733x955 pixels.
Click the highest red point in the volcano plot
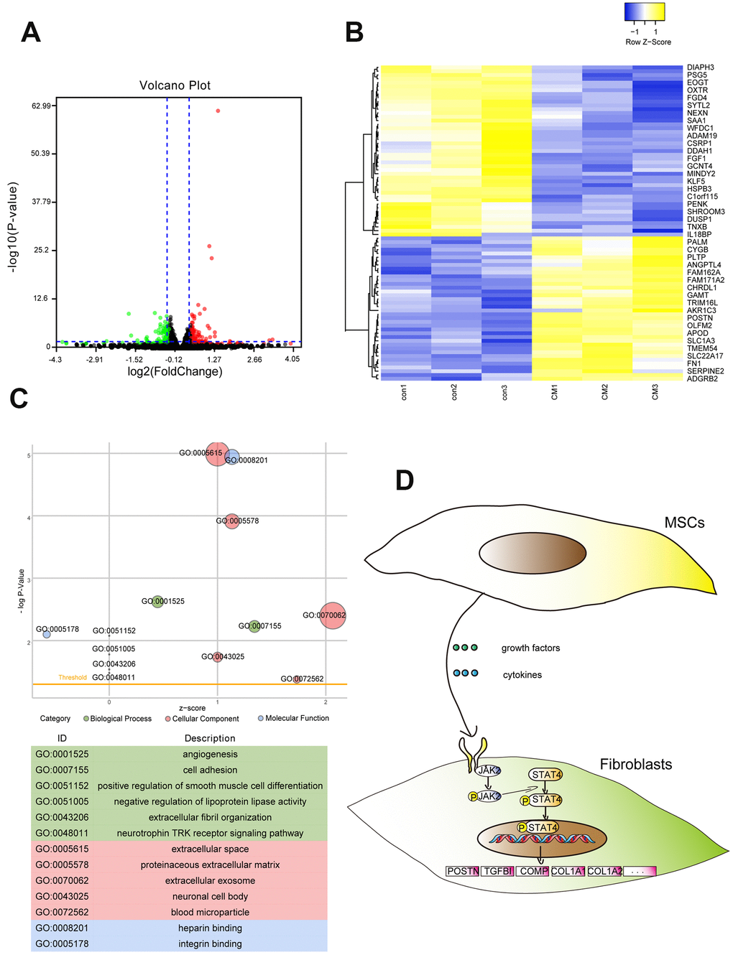coord(218,111)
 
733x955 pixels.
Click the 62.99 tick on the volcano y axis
coord(41,106)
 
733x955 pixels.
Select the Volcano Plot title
coord(175,85)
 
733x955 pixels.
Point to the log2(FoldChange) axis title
coord(175,371)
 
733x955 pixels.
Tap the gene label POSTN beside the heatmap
coord(700,318)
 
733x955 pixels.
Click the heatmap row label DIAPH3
coord(701,67)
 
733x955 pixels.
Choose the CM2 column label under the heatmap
coord(605,392)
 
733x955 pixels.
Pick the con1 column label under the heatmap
coord(404,392)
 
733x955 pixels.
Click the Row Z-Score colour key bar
coord(645,12)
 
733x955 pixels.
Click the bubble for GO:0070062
coord(332,615)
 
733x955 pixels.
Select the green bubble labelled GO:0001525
coord(157,601)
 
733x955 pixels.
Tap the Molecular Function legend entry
coord(293,718)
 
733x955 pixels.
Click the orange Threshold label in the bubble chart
coord(73,677)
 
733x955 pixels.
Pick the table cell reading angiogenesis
coord(210,754)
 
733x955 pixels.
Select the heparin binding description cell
coord(210,928)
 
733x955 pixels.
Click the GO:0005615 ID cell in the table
coord(63,849)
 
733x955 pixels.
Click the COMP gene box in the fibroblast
coord(533,871)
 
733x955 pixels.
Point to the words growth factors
coord(530,648)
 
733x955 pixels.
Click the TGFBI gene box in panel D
coord(498,871)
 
